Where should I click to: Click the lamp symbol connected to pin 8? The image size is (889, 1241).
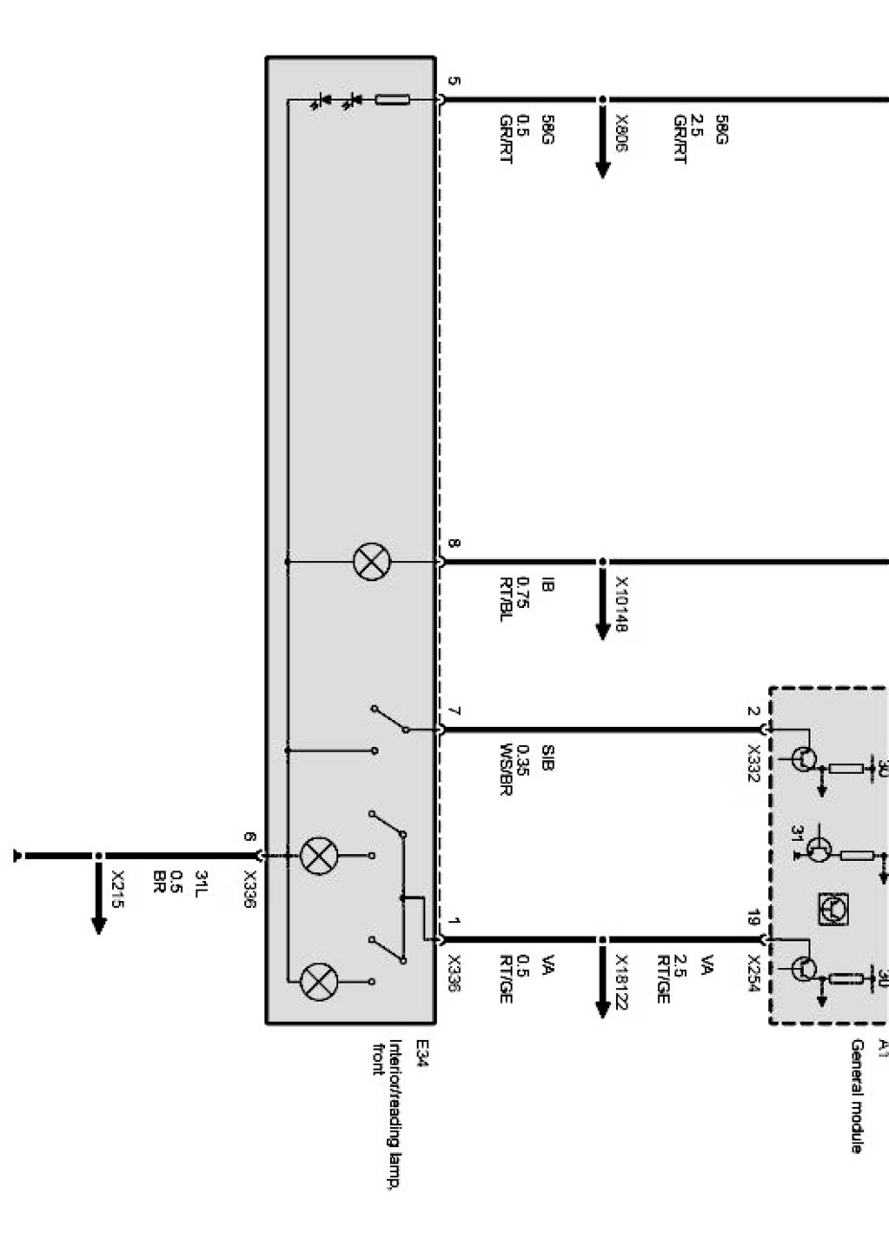(371, 562)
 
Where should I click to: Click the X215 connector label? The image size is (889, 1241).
(118, 888)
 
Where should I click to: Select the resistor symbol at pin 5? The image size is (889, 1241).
(393, 100)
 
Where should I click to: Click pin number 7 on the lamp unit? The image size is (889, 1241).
(454, 713)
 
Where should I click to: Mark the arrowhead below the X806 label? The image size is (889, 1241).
(603, 169)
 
